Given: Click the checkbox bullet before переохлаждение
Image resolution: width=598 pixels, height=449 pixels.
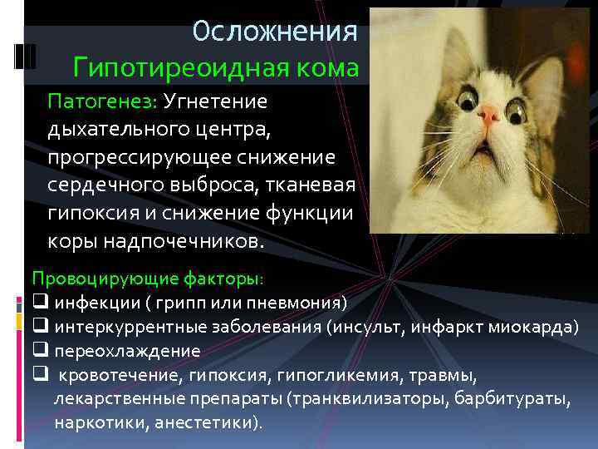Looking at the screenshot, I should point(38,350).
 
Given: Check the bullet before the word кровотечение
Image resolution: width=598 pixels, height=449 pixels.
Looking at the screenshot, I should point(38,374).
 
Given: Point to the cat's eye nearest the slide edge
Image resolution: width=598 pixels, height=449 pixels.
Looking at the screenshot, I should point(517,107).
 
